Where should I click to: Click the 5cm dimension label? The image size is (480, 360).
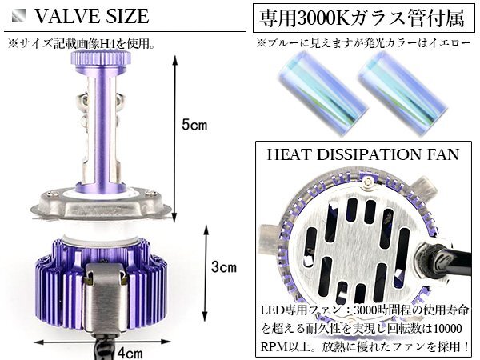[194, 126]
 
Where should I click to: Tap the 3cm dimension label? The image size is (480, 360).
[224, 267]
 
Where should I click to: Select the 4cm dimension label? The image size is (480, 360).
[130, 354]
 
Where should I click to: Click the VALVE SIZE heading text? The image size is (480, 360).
[92, 16]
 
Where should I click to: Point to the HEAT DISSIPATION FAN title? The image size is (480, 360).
[363, 154]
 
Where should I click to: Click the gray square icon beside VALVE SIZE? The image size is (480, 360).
[18, 16]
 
